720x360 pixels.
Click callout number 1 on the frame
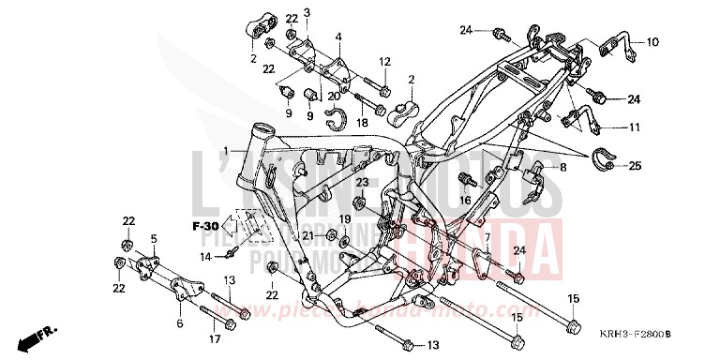pos(225,150)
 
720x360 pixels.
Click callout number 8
pos(563,168)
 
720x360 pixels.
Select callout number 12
pos(384,62)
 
